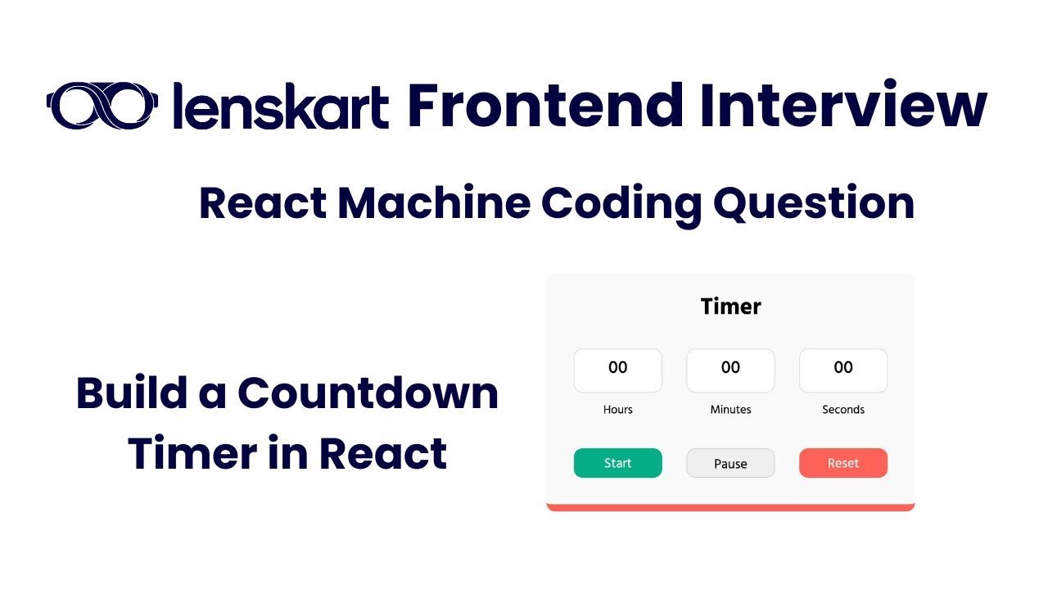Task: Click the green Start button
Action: [x=617, y=463]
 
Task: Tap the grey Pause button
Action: [x=730, y=463]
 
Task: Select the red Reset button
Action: [x=842, y=463]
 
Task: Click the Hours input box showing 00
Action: [x=617, y=370]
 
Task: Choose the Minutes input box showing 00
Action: [x=730, y=370]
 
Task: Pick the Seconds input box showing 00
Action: [x=842, y=370]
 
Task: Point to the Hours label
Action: [x=617, y=409]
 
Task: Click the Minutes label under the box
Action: [x=730, y=409]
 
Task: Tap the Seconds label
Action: [x=842, y=409]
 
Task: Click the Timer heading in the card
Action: [x=730, y=306]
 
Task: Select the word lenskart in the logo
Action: [x=281, y=107]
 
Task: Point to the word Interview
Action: [x=843, y=106]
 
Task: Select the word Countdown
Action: [x=368, y=393]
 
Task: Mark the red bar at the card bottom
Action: [x=730, y=507]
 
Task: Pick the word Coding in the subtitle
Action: [x=619, y=204]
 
